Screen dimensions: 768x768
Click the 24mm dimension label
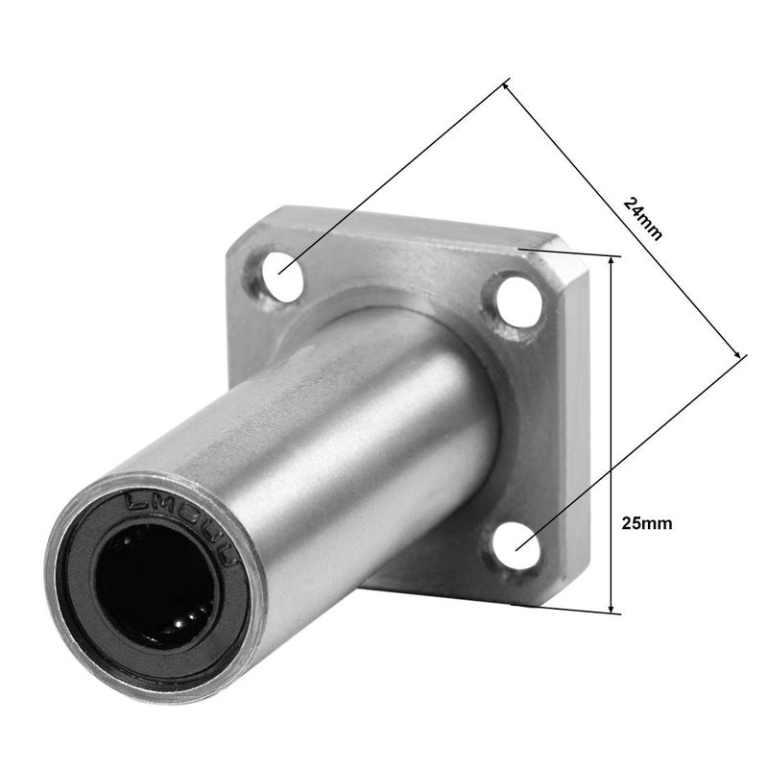click(x=642, y=219)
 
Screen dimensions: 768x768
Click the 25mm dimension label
click(x=647, y=523)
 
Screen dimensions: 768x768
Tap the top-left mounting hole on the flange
click(x=280, y=266)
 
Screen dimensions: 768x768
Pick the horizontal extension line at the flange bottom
click(x=576, y=608)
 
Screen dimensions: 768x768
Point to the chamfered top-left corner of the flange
click(x=240, y=235)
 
